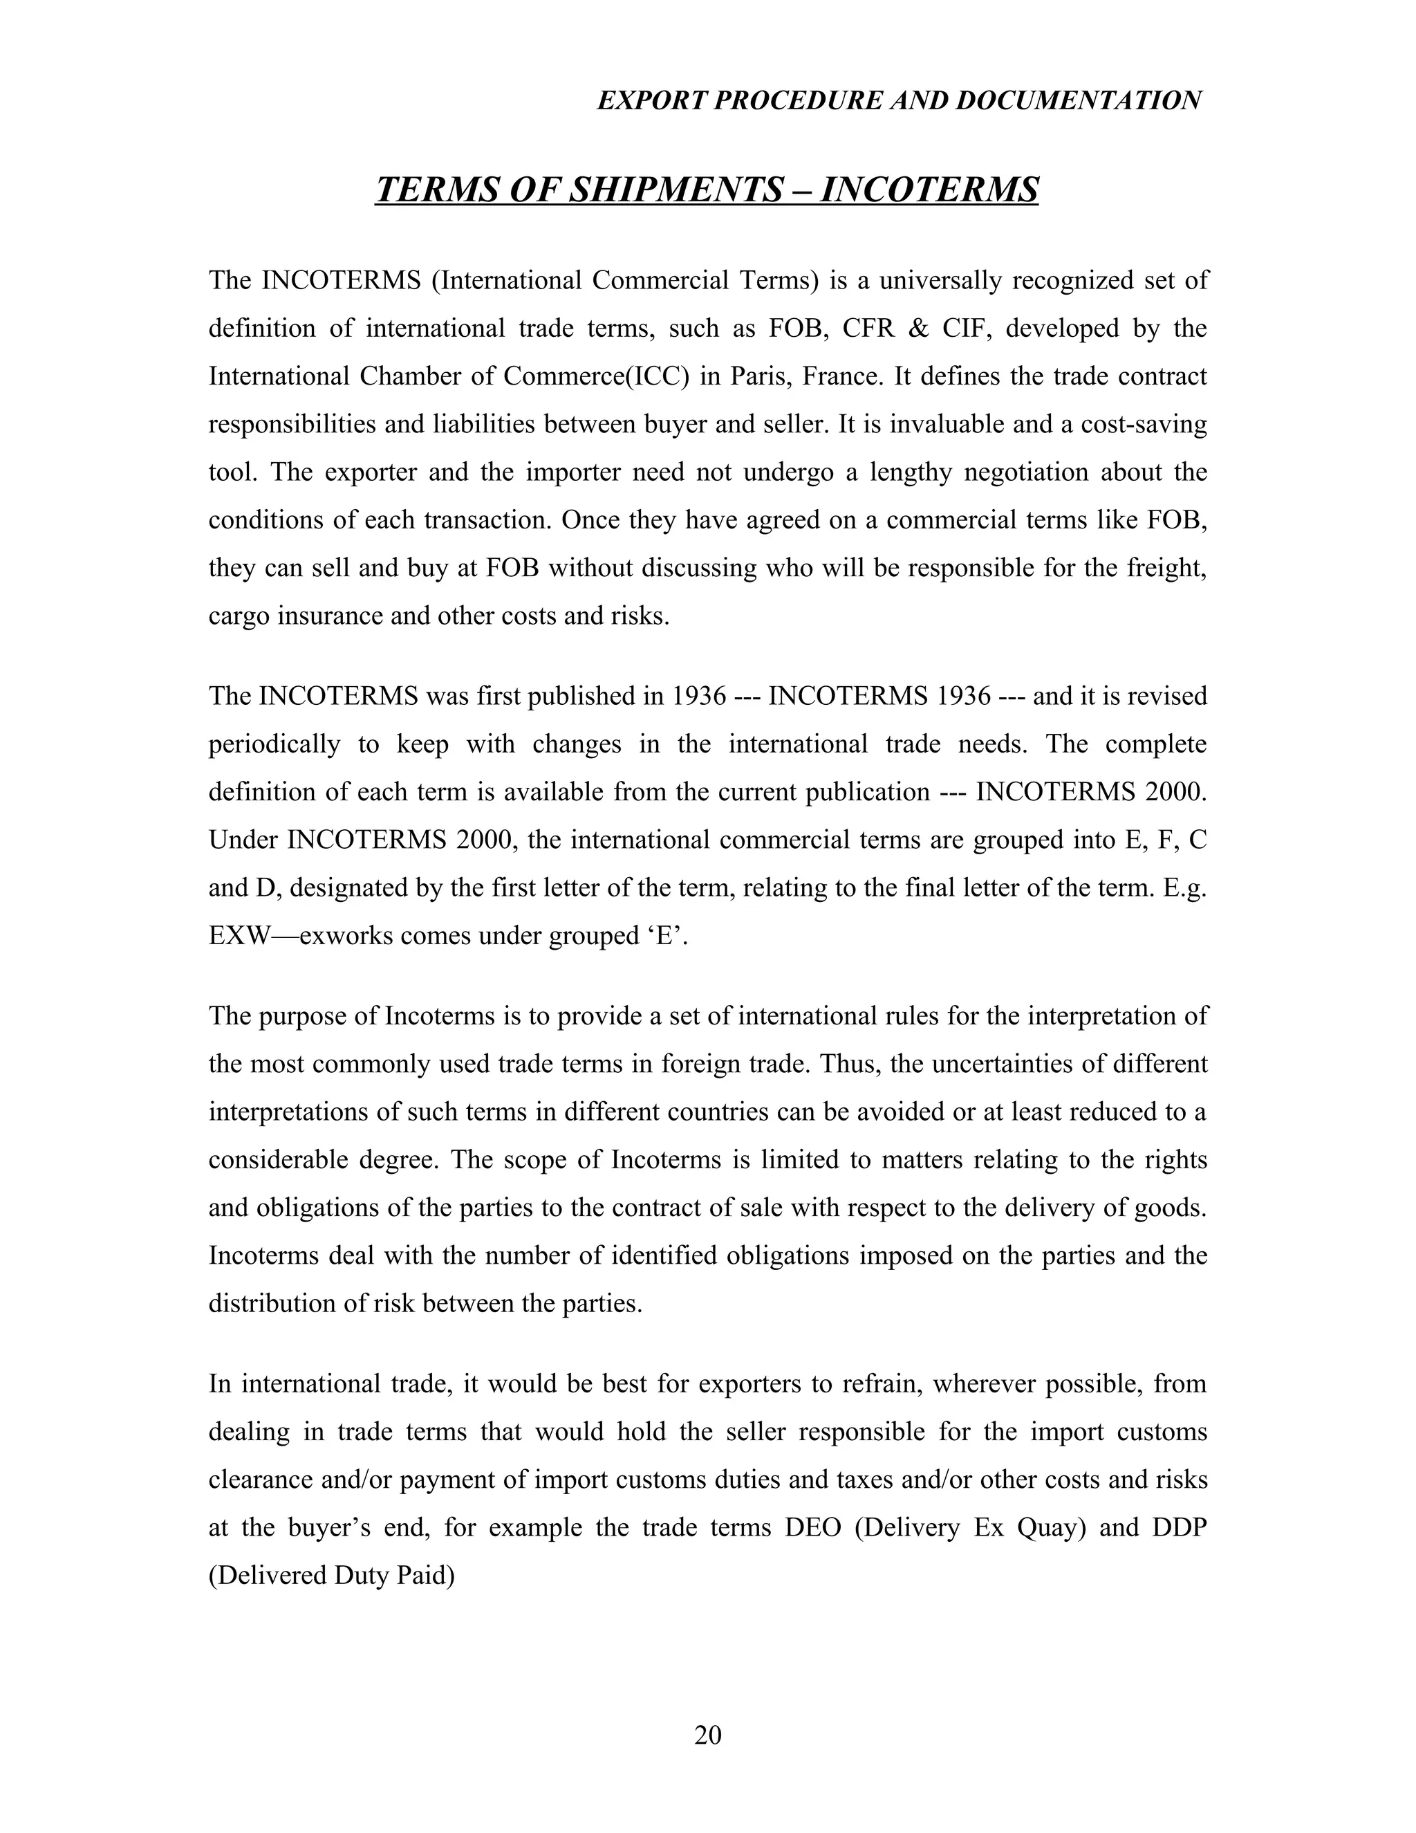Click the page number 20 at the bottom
click(x=707, y=1734)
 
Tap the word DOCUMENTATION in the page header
click(x=1078, y=101)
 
